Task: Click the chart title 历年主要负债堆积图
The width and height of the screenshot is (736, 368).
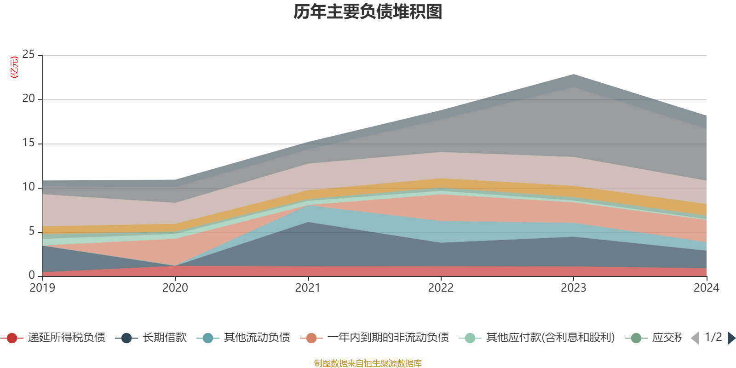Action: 368,12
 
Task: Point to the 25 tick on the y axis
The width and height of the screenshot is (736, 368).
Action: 29,55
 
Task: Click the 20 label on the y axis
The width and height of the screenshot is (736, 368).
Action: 29,99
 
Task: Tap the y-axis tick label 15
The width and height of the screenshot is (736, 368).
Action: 29,143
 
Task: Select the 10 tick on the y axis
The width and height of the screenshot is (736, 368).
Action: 29,187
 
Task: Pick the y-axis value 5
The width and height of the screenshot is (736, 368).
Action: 32,231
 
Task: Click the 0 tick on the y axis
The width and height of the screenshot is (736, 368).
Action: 32,275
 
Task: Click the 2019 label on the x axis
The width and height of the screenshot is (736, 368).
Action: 42,288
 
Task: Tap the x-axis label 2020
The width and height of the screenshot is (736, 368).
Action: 175,288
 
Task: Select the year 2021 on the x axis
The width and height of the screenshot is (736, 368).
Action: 308,288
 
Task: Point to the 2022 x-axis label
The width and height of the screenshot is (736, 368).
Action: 441,288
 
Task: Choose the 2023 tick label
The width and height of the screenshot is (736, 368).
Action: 573,288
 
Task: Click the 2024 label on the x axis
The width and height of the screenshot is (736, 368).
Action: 706,288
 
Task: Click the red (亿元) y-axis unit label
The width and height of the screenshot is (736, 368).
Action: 14,67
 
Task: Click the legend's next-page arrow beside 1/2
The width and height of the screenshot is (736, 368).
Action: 731,338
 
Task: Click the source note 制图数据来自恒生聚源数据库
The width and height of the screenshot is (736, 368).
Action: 368,363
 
